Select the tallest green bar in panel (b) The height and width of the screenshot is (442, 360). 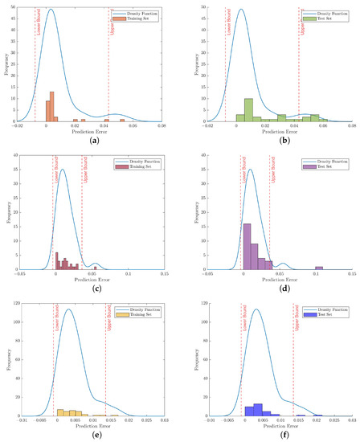point(248,109)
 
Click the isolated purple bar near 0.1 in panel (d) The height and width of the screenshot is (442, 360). point(319,268)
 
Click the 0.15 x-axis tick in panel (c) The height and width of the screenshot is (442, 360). point(165,273)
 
